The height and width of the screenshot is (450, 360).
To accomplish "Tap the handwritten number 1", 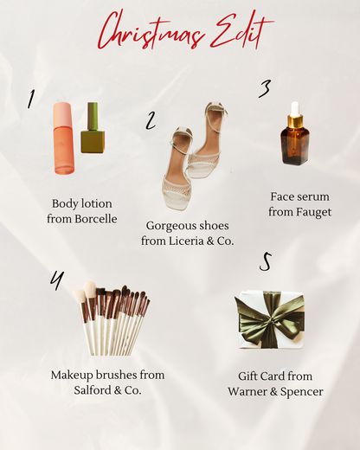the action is coord(31,99).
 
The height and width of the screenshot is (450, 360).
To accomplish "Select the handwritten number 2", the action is coord(151,120).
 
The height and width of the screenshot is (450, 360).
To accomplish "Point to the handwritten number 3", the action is coord(265,89).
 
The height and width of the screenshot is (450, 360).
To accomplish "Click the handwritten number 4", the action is coord(57,280).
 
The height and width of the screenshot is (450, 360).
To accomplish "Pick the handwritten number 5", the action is coord(265,262).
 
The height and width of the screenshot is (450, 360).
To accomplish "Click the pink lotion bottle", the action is coord(63,138).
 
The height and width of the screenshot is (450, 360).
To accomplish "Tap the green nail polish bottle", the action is coord(93,128).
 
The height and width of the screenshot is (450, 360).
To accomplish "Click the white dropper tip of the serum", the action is coord(295,108).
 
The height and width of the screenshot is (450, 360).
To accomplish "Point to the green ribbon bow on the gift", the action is coord(269,318).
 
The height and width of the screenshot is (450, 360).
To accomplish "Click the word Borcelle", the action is coord(96,219).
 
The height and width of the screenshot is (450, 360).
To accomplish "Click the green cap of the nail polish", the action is coord(93,116).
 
